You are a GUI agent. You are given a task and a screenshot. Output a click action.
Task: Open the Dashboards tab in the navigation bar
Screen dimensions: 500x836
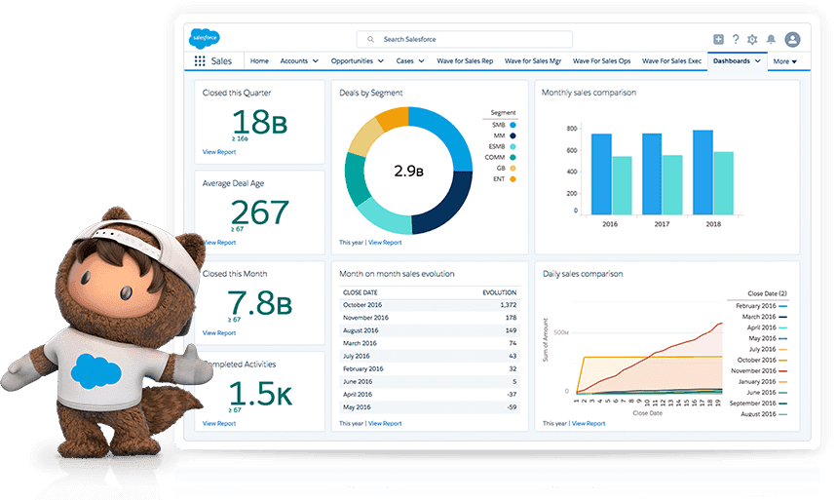[732, 61]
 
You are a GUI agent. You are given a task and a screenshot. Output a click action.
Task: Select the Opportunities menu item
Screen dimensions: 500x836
[352, 61]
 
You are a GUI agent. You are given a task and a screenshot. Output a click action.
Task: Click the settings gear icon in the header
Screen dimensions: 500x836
[751, 40]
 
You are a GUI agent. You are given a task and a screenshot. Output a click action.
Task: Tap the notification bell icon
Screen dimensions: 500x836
[771, 40]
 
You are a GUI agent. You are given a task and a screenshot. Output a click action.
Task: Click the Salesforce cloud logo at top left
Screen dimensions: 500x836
[205, 39]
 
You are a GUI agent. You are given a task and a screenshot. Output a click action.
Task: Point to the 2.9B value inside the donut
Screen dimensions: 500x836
[408, 171]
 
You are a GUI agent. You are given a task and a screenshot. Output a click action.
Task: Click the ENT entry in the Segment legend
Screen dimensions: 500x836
[500, 179]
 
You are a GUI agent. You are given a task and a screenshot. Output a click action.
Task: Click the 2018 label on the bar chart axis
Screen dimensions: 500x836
[713, 223]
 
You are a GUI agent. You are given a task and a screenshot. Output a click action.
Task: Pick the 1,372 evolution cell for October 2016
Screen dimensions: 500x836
[505, 305]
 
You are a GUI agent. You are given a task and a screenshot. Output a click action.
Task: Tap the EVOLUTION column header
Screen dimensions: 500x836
[500, 291]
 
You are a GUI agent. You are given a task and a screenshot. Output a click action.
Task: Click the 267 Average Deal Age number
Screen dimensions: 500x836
[259, 212]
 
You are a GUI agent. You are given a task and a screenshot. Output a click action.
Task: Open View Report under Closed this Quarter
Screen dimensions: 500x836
[219, 152]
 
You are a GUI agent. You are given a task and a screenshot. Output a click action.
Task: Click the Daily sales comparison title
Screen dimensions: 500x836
[583, 274]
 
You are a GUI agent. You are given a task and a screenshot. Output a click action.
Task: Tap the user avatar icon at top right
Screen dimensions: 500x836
[792, 40]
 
